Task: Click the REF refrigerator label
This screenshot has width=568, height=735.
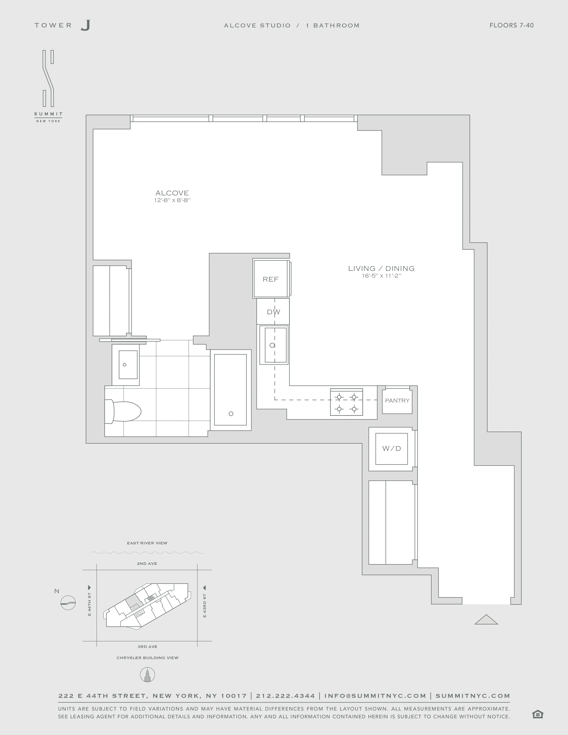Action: (x=271, y=279)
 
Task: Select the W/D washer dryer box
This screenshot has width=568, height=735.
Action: (x=391, y=449)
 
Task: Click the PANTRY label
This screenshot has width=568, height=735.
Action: (x=397, y=400)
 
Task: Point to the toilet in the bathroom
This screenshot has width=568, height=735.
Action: (x=123, y=411)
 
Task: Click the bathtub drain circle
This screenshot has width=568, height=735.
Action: (x=231, y=414)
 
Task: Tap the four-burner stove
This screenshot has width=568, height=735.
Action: (x=346, y=402)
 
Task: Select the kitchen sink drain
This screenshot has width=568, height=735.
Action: (x=272, y=345)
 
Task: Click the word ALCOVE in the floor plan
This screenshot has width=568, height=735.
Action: (x=172, y=193)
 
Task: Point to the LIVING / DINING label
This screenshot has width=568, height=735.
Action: (x=381, y=268)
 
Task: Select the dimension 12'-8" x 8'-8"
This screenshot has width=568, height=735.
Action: (x=172, y=200)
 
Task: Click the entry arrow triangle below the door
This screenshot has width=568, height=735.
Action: (x=486, y=620)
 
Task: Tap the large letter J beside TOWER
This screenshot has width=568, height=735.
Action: (x=86, y=25)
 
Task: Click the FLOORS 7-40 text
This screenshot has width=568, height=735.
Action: (x=511, y=25)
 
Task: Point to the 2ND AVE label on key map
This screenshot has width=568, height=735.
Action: (x=147, y=563)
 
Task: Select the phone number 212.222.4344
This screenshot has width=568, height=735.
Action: (x=285, y=696)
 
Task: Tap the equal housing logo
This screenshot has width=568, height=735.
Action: (x=538, y=714)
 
